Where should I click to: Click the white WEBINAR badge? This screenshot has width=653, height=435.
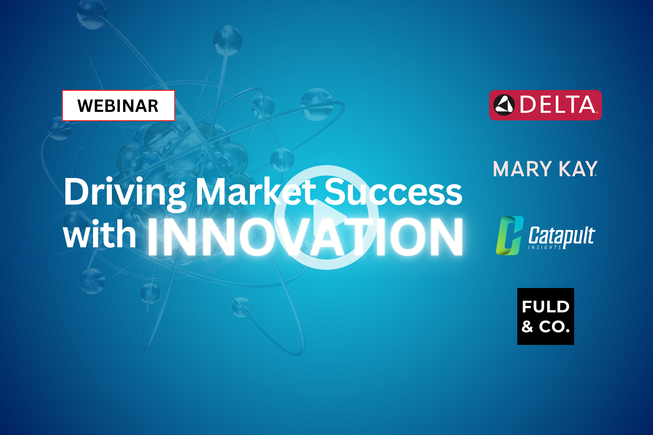tap(118, 105)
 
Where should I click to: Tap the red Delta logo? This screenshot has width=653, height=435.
tap(545, 105)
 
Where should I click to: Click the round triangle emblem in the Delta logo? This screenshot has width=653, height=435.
tap(504, 105)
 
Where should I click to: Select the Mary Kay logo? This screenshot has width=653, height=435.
tap(545, 169)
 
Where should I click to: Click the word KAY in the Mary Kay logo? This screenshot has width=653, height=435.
tap(578, 169)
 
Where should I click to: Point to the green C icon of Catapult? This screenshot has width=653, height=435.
tap(510, 236)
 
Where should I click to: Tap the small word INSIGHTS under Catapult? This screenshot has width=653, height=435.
tap(545, 247)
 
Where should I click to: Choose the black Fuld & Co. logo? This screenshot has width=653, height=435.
tap(546, 316)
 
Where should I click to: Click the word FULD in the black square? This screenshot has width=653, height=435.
tap(546, 307)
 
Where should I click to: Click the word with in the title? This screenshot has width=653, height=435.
tap(100, 234)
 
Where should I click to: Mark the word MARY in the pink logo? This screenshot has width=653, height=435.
tap(522, 169)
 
